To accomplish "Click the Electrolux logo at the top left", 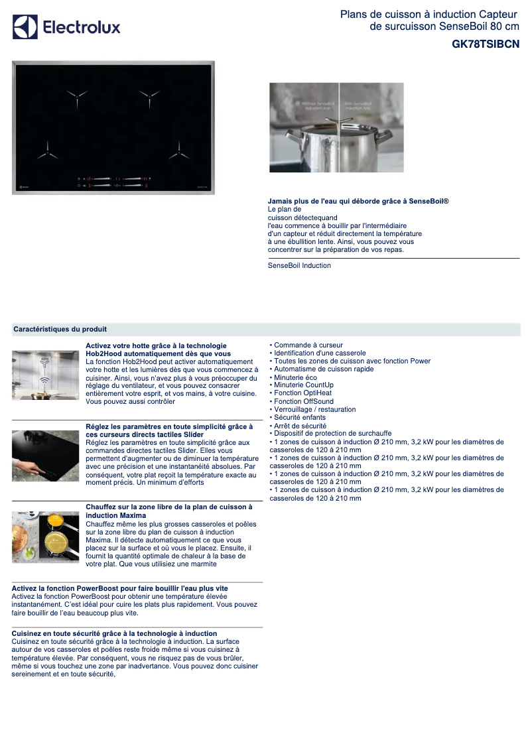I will click(x=66, y=27).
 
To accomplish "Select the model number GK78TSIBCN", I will click(x=486, y=44).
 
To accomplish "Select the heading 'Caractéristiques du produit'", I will click(x=60, y=329).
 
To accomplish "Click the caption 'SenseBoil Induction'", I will click(x=299, y=265).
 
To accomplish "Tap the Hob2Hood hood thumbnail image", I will click(x=45, y=375).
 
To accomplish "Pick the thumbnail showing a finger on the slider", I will click(x=45, y=456).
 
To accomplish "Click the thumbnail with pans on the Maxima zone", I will click(x=45, y=537).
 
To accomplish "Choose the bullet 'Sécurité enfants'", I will click(x=300, y=417).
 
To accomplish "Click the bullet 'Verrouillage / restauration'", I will click(x=314, y=409).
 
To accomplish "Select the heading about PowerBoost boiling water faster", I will click(x=119, y=588).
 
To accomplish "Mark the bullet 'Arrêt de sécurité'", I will click(x=300, y=426).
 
